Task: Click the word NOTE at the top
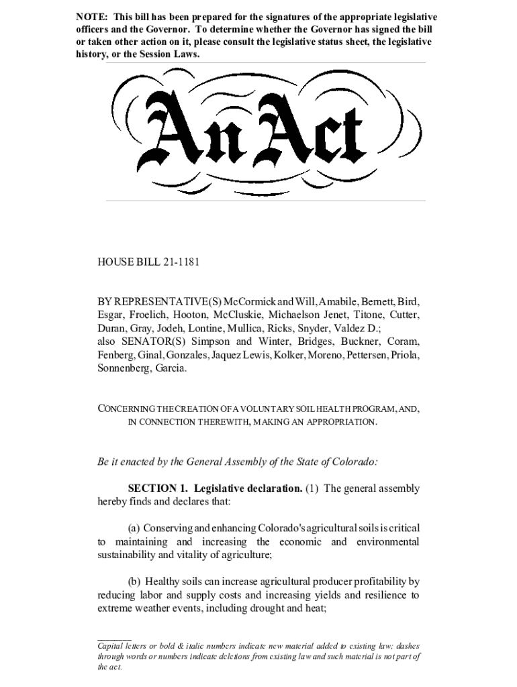tap(89, 17)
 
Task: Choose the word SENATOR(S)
tap(151, 341)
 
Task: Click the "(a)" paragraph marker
tap(134, 528)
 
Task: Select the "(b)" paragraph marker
tap(134, 582)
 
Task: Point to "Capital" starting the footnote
tap(113, 645)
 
